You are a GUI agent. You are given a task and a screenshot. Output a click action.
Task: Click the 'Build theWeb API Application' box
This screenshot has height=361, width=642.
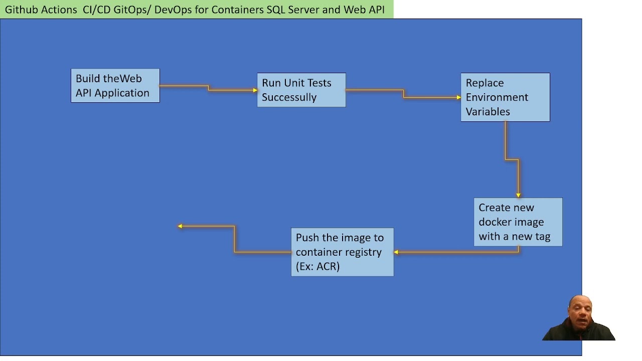115,86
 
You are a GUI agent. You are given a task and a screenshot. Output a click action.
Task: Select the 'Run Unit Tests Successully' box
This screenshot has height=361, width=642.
301,90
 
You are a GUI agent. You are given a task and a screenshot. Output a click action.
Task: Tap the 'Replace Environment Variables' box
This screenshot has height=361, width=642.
505,97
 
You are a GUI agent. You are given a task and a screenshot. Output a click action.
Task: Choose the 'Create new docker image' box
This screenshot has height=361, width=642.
518,222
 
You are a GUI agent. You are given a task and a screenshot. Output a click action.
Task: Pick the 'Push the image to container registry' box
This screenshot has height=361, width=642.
342,252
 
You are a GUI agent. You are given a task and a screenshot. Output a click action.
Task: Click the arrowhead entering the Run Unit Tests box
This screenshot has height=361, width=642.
255,90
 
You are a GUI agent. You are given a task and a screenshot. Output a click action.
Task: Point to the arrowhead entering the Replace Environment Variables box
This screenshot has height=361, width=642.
458,97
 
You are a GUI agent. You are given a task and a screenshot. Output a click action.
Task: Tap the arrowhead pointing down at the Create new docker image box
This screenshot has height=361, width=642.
518,195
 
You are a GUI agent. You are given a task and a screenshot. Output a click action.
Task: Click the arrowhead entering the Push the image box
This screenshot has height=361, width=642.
396,252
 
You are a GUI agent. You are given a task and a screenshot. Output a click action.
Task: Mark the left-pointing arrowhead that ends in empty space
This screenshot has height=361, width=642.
180,227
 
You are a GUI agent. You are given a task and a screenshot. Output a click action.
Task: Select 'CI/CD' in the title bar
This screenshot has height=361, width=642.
96,10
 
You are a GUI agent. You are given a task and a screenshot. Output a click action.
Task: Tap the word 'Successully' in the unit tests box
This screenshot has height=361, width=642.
289,97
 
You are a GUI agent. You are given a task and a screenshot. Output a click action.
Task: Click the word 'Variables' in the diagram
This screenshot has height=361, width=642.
488,112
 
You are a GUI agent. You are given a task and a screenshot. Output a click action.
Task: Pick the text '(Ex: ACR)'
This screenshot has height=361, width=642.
317,267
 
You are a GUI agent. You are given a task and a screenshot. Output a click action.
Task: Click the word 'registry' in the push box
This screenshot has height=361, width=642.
360,252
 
